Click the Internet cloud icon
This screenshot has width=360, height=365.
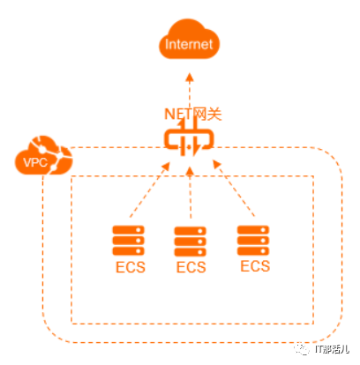coord(190,39)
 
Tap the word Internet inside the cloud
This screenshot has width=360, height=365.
coord(189,44)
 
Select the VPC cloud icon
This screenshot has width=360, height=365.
coord(43,155)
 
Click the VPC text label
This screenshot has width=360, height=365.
coord(35,162)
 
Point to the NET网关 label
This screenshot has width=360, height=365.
coord(193,114)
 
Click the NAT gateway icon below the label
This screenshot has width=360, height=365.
coord(189,139)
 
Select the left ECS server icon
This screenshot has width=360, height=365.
coord(129,241)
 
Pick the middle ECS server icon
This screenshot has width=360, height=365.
coord(191,242)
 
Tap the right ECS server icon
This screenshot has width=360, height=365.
coord(253,241)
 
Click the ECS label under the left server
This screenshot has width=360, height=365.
coord(131,267)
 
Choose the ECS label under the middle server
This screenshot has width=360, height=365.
coord(191,267)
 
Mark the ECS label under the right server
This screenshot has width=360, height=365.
coord(255,266)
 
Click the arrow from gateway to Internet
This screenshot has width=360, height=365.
coord(190,92)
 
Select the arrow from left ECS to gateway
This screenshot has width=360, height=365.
coord(150,190)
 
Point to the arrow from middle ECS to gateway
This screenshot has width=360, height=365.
coord(191,192)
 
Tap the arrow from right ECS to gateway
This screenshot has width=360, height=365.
coord(234,189)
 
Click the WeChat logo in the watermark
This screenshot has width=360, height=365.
coord(302,349)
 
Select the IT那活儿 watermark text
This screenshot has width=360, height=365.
coord(332,349)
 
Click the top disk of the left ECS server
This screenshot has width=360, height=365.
coord(129,230)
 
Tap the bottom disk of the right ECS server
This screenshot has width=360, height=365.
coord(253,251)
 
